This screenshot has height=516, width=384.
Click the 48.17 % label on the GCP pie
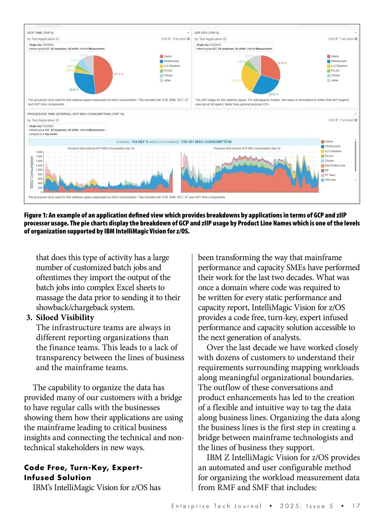(x=118, y=74)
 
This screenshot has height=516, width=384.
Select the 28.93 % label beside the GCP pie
(x=74, y=90)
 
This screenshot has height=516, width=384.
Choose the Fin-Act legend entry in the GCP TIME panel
(x=168, y=71)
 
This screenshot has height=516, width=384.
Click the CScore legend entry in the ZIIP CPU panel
(x=335, y=75)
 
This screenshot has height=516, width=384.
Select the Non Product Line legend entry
(x=335, y=165)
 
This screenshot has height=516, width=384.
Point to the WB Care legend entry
(x=330, y=180)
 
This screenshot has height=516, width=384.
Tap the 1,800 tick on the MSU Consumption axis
(x=39, y=152)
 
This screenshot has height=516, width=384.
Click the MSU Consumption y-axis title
(x=32, y=172)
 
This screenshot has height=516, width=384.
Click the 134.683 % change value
(x=140, y=142)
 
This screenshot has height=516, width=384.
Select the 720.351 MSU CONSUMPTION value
(x=206, y=142)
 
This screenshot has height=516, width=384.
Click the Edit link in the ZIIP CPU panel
(x=333, y=39)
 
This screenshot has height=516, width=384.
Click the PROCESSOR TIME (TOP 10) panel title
(x=76, y=114)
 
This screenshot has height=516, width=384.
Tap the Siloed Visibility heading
(x=65, y=317)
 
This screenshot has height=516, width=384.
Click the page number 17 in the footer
(x=356, y=506)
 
